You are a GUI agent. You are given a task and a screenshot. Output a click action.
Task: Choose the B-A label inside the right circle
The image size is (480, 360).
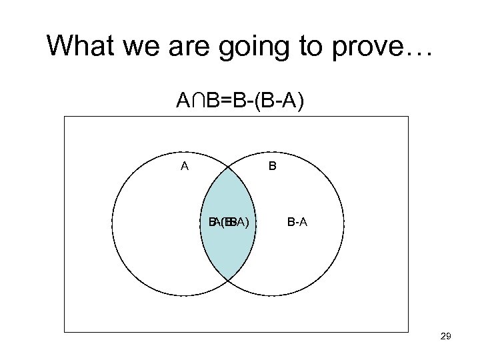tap(297, 222)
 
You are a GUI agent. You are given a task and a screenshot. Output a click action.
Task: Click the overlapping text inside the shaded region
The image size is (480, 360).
tap(229, 222)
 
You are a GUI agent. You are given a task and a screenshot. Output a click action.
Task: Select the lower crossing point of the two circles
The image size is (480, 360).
tap(228, 280)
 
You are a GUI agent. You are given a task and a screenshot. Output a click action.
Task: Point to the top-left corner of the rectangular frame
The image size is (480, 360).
tap(65, 117)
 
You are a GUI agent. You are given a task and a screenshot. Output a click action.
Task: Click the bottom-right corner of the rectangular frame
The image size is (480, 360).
tap(408, 331)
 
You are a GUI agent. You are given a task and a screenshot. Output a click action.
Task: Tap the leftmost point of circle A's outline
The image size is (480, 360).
tap(112, 222)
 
